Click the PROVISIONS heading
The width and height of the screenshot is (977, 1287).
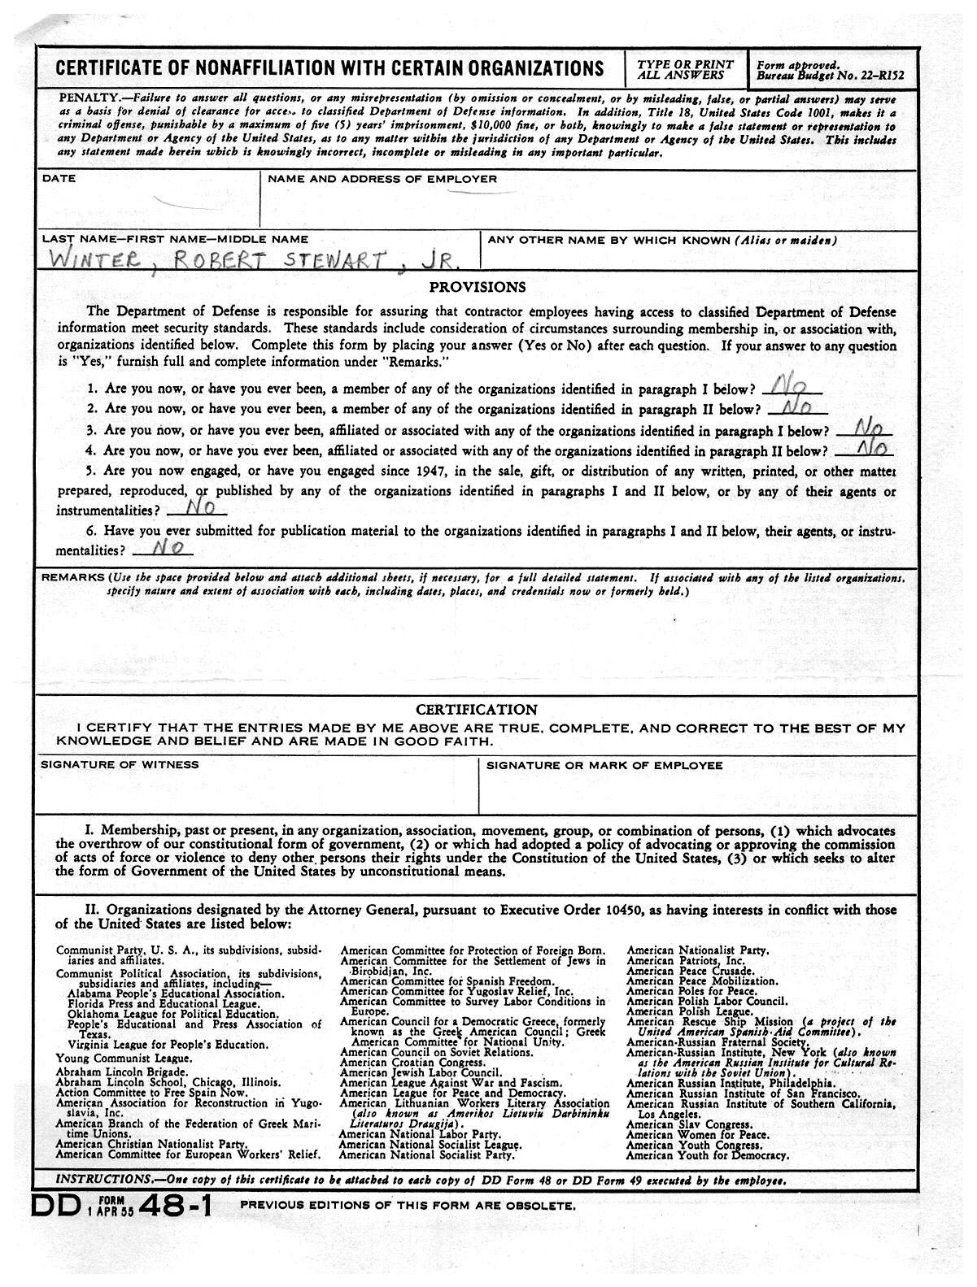point(478,287)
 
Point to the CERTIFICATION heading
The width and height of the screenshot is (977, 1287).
point(477,709)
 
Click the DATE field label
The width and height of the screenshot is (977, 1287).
point(59,178)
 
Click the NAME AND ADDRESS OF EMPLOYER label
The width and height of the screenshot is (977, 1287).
point(382,178)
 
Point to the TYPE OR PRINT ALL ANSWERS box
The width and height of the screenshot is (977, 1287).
point(685,69)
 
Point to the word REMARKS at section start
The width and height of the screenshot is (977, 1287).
point(72,577)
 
